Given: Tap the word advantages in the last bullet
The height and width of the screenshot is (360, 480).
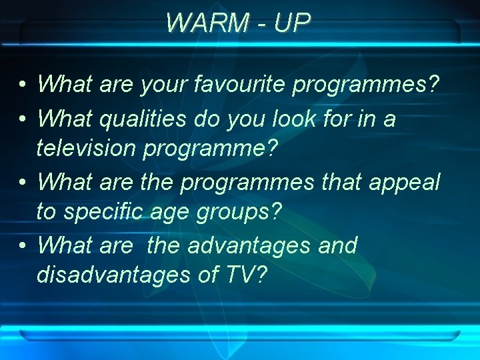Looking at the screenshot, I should click(250, 245).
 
